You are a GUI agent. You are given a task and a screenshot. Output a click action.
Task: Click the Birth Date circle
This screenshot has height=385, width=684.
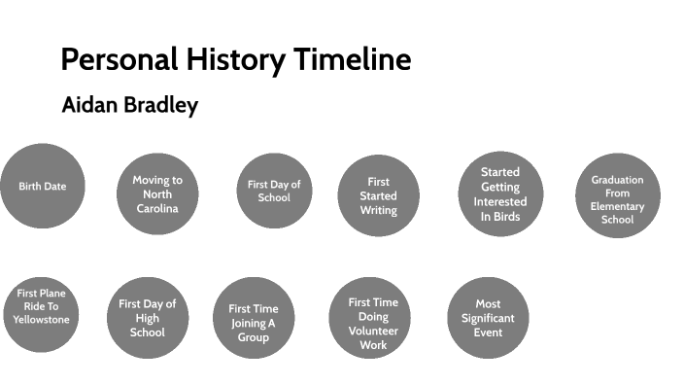43,186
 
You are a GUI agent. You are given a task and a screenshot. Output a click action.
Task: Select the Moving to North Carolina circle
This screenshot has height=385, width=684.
157,193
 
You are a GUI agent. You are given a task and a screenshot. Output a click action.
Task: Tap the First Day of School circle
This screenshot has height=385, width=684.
274,191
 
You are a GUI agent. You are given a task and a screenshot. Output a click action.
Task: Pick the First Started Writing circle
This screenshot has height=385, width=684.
378,195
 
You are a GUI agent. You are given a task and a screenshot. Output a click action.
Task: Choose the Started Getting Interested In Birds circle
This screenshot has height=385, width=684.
500,194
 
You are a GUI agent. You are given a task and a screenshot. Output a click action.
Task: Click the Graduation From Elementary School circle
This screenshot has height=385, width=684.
617,199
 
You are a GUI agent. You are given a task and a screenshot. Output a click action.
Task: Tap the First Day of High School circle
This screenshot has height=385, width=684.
147,318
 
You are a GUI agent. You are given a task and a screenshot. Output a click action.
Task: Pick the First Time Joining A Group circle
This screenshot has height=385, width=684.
254,322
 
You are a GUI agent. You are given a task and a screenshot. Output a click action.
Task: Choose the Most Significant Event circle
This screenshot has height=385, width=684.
488,318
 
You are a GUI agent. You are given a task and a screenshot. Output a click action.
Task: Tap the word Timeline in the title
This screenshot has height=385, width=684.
353,60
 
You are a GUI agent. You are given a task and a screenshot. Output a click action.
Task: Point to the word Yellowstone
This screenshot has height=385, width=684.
42,319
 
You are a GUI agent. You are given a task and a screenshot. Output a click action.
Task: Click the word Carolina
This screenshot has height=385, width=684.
157,208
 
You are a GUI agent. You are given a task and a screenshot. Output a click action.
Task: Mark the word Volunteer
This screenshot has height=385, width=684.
373,331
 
